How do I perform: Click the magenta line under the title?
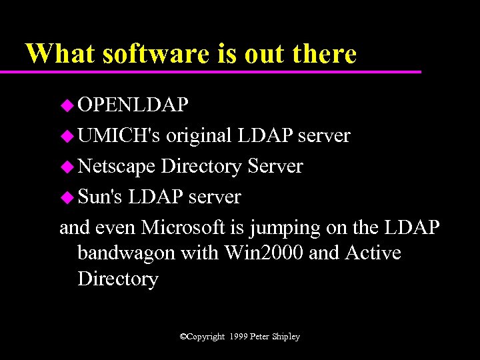220,71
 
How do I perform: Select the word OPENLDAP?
133,105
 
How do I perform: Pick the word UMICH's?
119,136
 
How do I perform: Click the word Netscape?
117,166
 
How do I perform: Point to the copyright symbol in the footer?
183,337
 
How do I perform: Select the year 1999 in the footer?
237,337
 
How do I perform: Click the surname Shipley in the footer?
285,337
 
